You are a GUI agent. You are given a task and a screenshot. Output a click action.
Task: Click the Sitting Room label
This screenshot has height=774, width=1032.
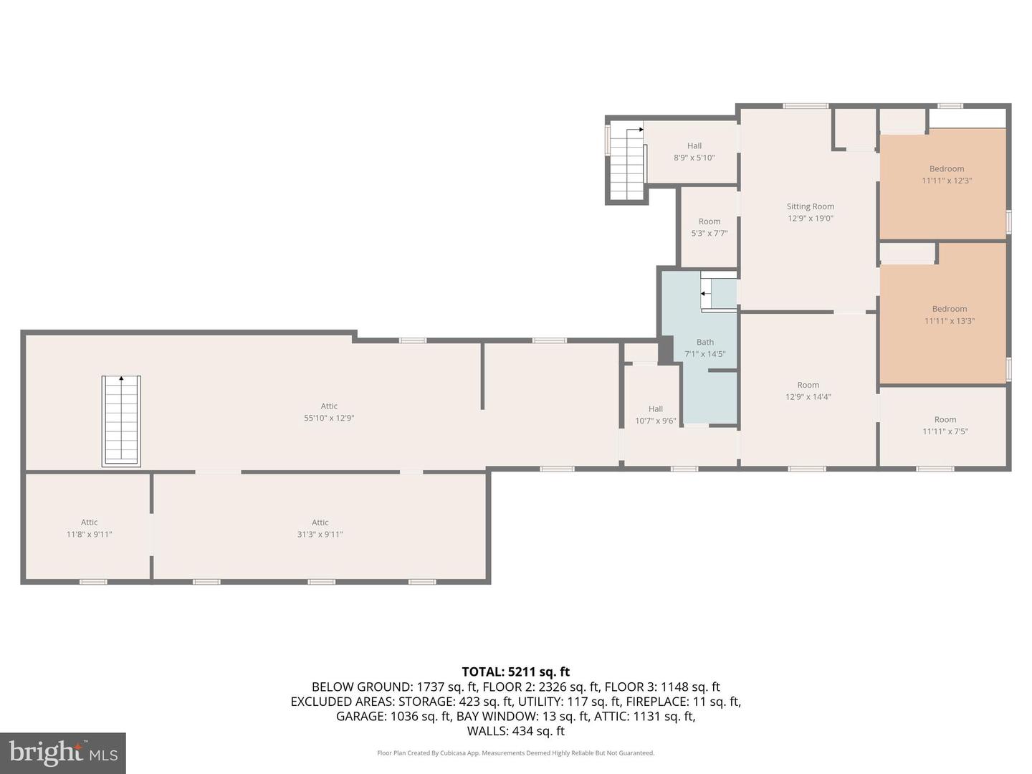pos(810,206)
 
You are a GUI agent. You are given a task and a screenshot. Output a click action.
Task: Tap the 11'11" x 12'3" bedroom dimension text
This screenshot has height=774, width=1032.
pos(947,181)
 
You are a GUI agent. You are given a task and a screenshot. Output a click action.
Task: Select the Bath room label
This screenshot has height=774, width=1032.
pos(704,342)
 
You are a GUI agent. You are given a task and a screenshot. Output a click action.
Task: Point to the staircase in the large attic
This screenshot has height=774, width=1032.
pos(121,421)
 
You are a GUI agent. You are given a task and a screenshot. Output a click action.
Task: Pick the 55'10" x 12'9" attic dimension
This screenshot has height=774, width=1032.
pos(329,418)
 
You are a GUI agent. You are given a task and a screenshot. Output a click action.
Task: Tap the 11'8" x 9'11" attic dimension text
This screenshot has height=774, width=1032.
pos(90,535)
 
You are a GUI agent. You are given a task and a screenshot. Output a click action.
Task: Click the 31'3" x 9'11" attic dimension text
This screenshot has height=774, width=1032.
pos(320,535)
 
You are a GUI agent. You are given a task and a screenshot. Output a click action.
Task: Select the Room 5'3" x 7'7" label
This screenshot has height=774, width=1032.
pos(709,227)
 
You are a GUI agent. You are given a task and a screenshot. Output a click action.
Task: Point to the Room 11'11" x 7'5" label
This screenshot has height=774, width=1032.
pos(945,425)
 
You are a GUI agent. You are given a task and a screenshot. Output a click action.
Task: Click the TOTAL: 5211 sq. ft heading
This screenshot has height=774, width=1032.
pos(516,672)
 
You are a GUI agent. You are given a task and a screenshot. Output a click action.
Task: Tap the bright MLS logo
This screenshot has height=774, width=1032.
pos(63,753)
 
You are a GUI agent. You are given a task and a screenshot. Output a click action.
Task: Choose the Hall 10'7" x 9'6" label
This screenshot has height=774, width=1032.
pos(656,415)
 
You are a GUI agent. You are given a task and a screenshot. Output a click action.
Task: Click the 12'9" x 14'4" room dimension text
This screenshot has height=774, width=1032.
pos(808,396)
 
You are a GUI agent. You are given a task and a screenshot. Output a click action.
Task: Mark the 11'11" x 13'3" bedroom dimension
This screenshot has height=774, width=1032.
pos(950,321)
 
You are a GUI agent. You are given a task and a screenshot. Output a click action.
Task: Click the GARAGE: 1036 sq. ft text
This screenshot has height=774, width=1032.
pos(394,716)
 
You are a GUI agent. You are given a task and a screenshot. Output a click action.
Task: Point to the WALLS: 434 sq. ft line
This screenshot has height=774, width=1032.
pos(516,731)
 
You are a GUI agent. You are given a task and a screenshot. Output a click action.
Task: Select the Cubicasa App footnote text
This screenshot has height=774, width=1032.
pos(515,752)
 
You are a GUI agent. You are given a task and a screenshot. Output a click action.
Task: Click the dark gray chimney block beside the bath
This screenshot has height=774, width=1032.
pos(666,350)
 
